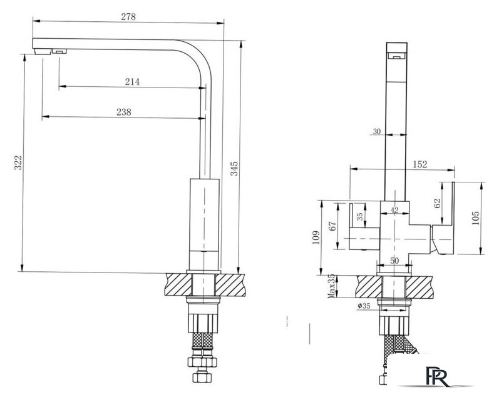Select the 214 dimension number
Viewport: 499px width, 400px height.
pyautogui.click(x=132, y=82)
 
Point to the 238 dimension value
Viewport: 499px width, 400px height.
pyautogui.click(x=124, y=112)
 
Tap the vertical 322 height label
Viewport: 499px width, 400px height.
pyautogui.click(x=19, y=164)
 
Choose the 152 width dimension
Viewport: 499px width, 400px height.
pyautogui.click(x=419, y=164)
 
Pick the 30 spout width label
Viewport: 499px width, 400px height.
pyautogui.click(x=376, y=131)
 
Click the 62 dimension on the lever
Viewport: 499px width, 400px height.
pyautogui.click(x=437, y=203)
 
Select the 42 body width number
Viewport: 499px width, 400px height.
pyautogui.click(x=394, y=211)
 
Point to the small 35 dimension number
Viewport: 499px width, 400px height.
pyautogui.click(x=359, y=216)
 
